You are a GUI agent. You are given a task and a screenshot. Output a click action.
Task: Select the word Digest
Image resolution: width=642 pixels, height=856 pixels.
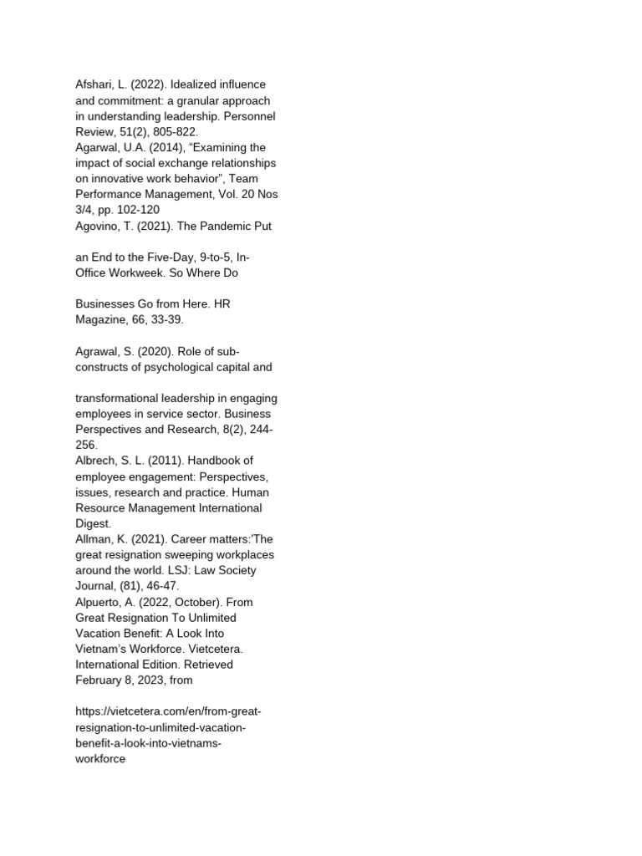[x=93, y=523]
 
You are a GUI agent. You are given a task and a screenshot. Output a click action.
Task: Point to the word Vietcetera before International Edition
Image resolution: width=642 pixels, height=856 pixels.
[x=220, y=648]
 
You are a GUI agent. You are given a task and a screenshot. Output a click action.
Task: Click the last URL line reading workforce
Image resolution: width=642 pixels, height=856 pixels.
[x=100, y=760]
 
